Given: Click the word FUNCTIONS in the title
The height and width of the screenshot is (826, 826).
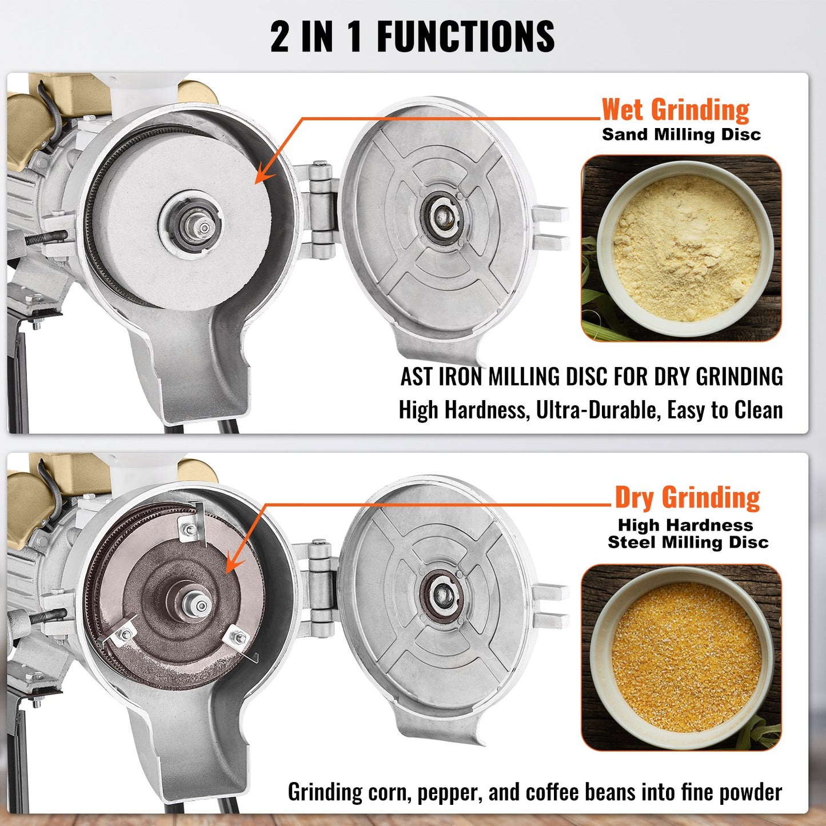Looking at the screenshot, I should (465, 37).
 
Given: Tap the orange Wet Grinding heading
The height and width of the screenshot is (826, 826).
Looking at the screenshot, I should (675, 110).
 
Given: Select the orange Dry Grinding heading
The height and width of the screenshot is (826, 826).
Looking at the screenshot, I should (687, 497).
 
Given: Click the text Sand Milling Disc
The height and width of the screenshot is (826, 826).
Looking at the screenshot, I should (681, 135).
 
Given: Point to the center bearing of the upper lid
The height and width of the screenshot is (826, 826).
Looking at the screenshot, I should (441, 217).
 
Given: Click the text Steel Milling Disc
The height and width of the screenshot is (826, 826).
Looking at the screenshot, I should (688, 542).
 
